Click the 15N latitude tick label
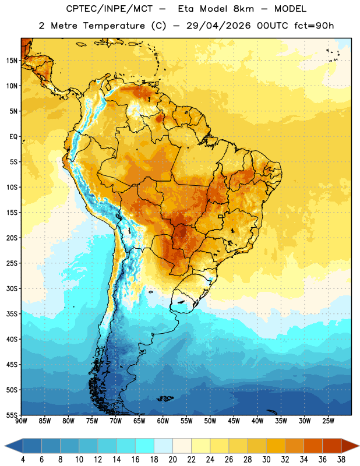click(12, 61)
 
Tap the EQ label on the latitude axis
click(13, 137)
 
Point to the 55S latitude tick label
click(12, 415)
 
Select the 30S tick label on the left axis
click(12, 288)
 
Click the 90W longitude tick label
click(22, 421)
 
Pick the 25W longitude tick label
click(328, 421)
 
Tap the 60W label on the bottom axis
click(163, 421)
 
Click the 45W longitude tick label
click(234, 421)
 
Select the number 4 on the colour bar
click(23, 460)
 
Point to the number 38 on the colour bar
click(341, 460)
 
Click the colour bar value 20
click(172, 460)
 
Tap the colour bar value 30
click(266, 460)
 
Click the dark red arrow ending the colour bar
click(350, 446)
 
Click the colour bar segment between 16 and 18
click(145, 446)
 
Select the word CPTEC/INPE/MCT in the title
click(109, 9)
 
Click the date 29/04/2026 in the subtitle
click(218, 26)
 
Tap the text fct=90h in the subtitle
click(314, 26)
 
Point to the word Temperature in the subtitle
click(114, 26)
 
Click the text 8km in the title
click(243, 9)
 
